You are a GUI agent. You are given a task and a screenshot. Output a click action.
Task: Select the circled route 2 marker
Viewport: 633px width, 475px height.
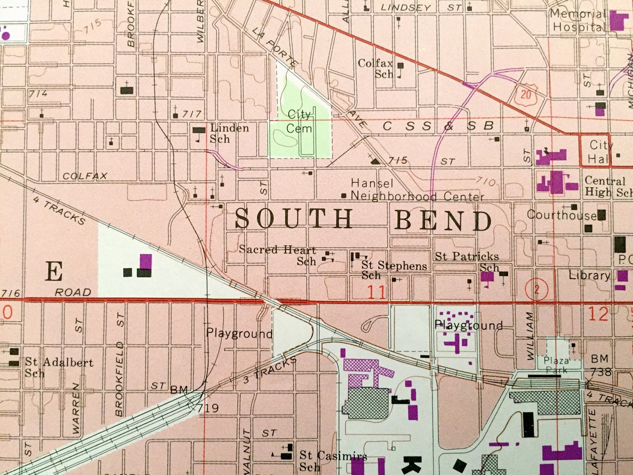[536, 289]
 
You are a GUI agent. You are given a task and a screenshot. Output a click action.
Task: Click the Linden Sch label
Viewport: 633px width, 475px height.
[228, 133]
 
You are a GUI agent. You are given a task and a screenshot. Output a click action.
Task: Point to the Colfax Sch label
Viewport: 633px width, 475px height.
[376, 68]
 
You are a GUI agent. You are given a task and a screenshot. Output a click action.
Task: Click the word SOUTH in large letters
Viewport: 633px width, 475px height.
[294, 219]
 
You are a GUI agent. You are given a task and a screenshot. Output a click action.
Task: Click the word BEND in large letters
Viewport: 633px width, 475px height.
[443, 221]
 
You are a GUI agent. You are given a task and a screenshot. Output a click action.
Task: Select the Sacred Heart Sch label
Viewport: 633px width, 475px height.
[278, 256]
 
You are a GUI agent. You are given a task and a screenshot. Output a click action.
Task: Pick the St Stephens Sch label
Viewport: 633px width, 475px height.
[393, 270]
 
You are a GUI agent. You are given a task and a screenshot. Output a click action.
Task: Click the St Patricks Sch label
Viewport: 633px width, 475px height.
[466, 261]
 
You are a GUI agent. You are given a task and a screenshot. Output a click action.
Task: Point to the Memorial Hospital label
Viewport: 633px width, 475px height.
[577, 21]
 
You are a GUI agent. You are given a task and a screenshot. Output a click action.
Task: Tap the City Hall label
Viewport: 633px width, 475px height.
[601, 152]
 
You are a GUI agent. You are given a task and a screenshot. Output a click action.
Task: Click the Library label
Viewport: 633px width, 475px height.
[589, 276]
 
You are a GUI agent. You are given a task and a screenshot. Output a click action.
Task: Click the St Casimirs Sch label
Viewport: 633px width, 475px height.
[333, 461]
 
